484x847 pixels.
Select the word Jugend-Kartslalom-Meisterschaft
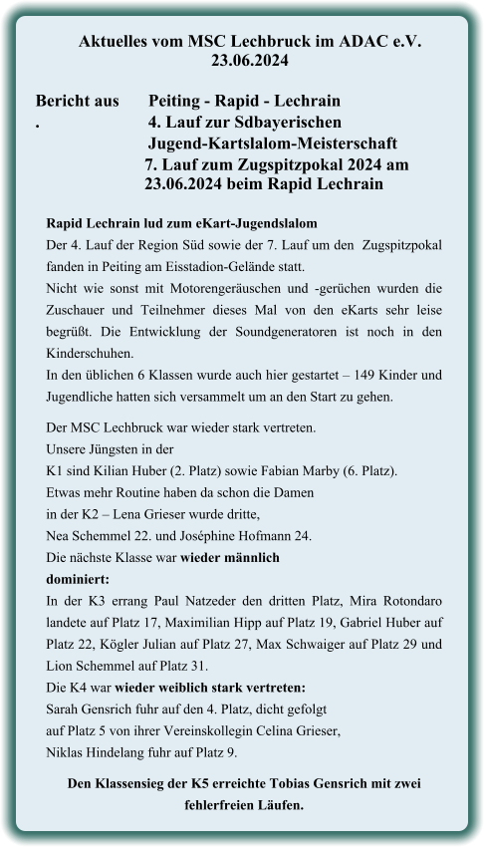[273, 143]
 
